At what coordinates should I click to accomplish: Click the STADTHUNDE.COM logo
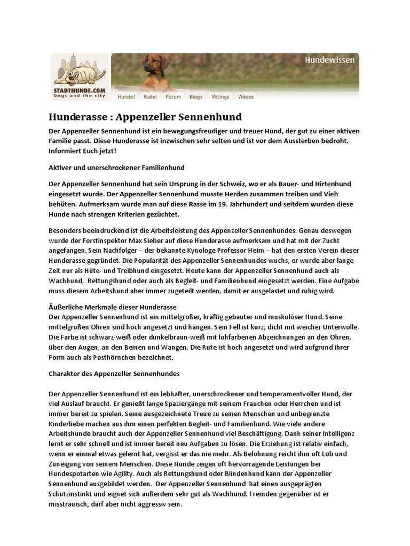pyautogui.click(x=80, y=77)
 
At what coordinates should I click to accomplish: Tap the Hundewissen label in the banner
pyautogui.click(x=329, y=60)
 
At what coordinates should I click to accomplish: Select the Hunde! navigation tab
pyautogui.click(x=127, y=97)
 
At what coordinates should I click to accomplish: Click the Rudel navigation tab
pyautogui.click(x=151, y=97)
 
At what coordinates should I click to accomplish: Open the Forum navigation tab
pyautogui.click(x=173, y=97)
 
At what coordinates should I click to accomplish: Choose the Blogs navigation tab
pyautogui.click(x=196, y=97)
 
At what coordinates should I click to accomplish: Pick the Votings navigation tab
pyautogui.click(x=220, y=97)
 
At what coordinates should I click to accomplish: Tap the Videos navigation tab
pyautogui.click(x=246, y=97)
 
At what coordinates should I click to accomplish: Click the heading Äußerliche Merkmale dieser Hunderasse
pyautogui.click(x=113, y=308)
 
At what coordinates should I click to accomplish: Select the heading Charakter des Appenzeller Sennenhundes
pyautogui.click(x=114, y=373)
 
